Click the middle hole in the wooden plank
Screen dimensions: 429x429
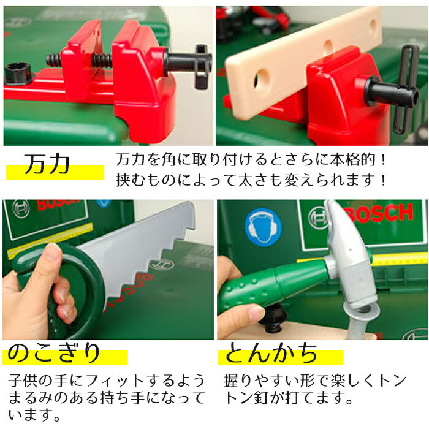pyautogui.click(x=328, y=46)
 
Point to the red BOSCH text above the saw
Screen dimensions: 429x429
pyautogui.click(x=58, y=205)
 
